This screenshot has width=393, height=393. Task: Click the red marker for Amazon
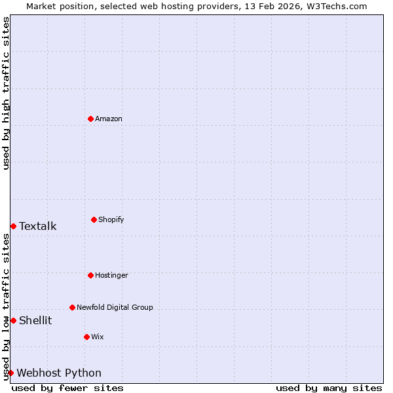point(90,119)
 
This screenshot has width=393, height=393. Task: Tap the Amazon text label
point(109,119)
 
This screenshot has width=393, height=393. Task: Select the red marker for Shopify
point(94,219)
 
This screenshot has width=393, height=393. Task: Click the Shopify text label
point(111,219)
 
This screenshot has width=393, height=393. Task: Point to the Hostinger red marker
point(90,275)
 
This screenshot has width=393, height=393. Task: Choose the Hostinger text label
point(111,275)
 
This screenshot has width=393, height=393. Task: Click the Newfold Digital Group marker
point(72,307)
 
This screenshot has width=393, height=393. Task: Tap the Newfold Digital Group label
point(115,307)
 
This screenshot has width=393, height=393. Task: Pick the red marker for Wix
point(86,337)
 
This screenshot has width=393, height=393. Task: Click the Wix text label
point(98,337)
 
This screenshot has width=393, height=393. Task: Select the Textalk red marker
point(13,226)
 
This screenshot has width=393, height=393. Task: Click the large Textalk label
point(38,227)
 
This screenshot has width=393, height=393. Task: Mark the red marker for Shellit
point(13,320)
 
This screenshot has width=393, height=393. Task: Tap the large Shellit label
point(35,321)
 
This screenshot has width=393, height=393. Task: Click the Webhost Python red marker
point(10,373)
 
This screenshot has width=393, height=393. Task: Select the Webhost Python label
point(59,373)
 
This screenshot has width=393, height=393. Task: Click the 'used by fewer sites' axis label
point(67,388)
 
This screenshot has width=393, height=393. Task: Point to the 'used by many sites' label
point(329,388)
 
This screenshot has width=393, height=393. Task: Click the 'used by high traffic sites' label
point(6,93)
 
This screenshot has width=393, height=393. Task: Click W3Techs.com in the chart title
point(339,6)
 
